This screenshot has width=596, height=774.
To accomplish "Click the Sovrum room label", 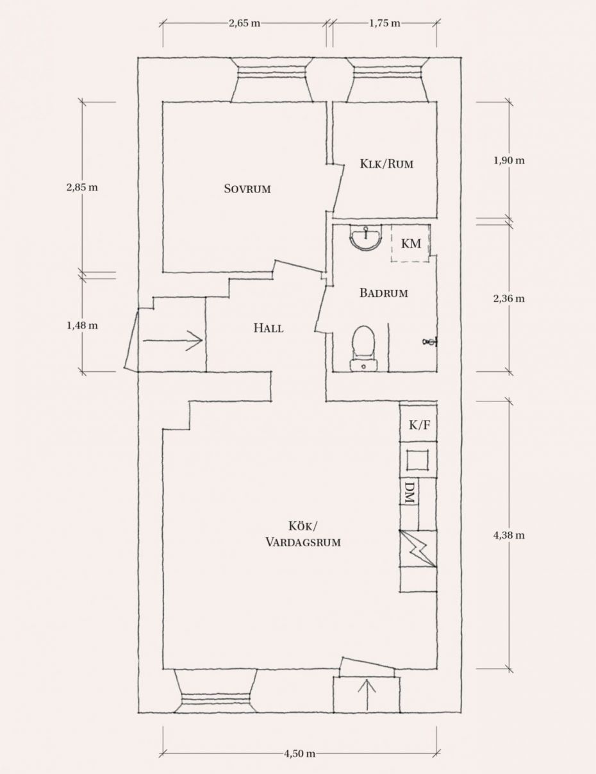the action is pos(247,189).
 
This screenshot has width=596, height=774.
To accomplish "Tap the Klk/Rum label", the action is pos(387,164).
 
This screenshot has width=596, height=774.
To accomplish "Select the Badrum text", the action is pos(384,293).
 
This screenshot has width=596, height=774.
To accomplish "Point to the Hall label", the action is pos(269,328).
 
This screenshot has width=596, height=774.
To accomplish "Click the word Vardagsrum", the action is pos(303,543).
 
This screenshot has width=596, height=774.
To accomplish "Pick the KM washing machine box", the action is pos(411,244).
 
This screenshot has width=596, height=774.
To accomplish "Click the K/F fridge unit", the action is pos(418,425).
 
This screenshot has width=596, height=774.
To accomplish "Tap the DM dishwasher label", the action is pos(410,492).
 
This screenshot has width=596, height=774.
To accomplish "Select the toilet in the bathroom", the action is pos(363,349).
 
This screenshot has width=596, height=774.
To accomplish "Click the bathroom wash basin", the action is pos(366,237).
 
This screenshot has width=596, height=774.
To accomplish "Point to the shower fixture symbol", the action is pos(430,342).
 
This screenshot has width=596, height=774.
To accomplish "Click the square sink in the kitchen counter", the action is pos(418,460).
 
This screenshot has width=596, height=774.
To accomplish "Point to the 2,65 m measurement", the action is pos(244,24).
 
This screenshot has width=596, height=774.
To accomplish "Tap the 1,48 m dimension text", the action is pos(82,326).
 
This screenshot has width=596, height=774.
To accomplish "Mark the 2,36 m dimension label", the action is pos(509,298).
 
